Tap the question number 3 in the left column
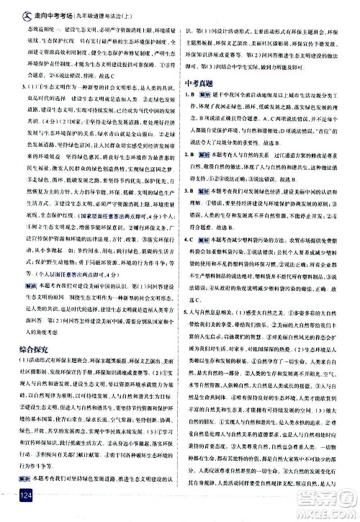click(x=23, y=85)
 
